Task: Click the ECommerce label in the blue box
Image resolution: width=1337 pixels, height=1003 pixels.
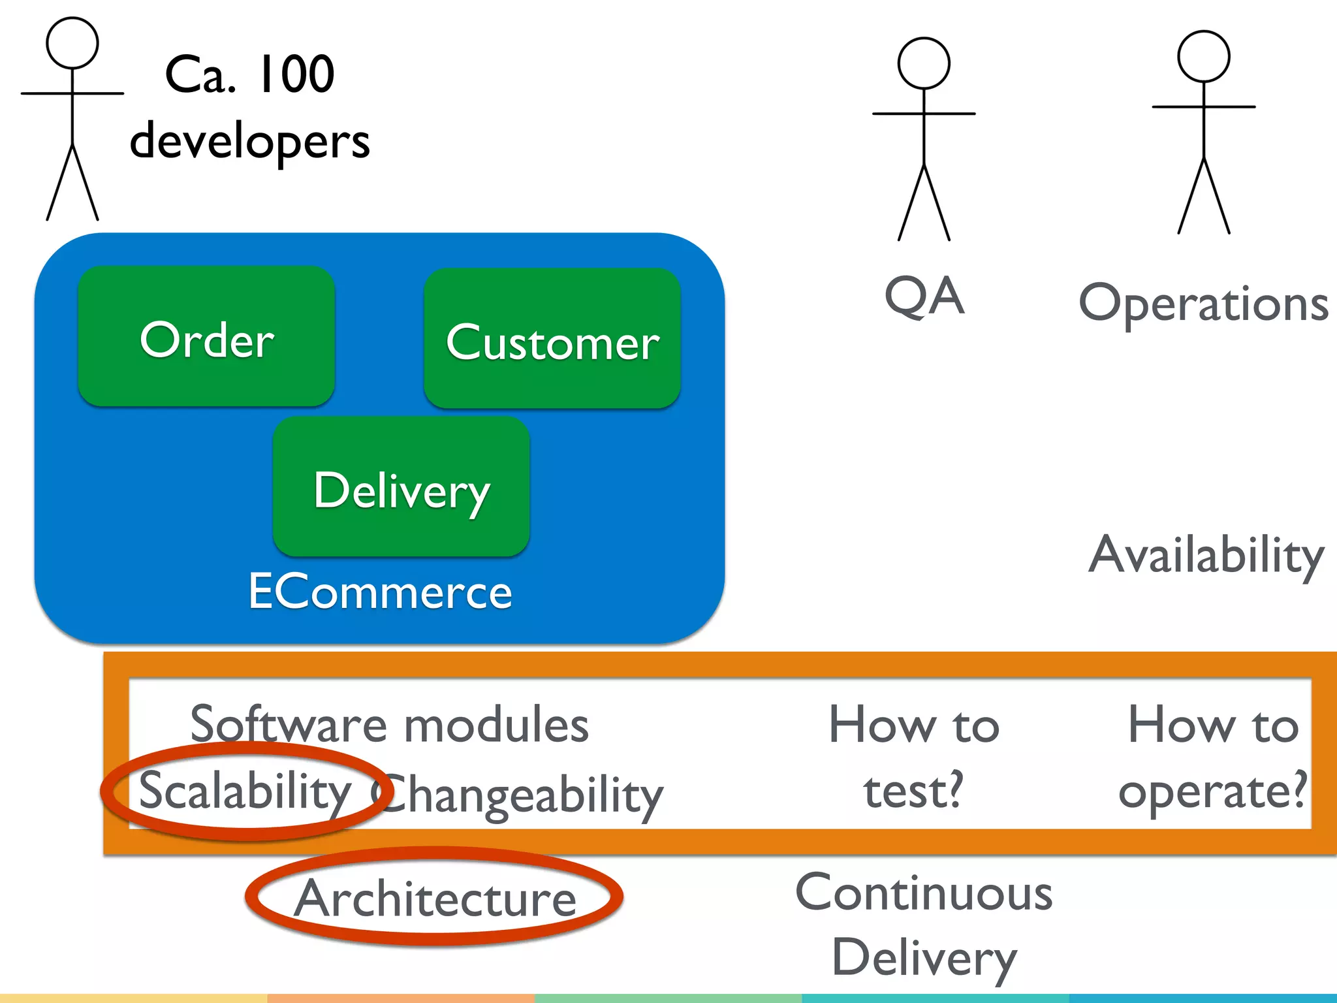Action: tap(380, 592)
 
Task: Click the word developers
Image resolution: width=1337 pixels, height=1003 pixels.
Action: tap(249, 141)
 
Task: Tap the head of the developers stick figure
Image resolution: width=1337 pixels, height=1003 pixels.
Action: tap(72, 42)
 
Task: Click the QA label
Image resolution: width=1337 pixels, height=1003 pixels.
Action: tap(924, 296)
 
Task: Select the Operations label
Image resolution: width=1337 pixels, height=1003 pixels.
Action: tap(1203, 304)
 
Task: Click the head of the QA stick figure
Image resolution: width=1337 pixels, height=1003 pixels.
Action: tap(923, 63)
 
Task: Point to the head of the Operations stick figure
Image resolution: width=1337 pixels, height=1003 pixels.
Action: tap(1203, 56)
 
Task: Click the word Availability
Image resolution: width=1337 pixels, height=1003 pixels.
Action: tap(1206, 555)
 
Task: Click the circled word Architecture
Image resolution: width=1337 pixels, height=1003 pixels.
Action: tap(435, 899)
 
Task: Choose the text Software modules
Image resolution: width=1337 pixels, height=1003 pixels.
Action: tap(389, 725)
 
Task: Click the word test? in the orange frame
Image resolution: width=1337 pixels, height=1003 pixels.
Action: tap(913, 790)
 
